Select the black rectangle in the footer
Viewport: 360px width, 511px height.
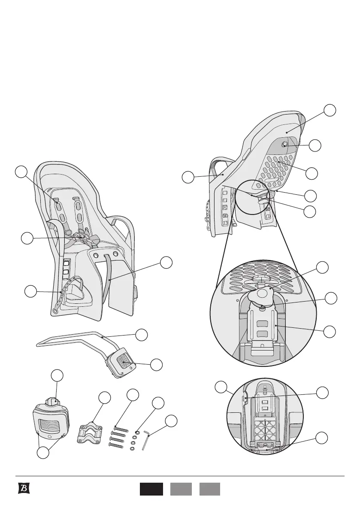[151, 489]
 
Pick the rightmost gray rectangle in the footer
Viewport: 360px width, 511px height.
[210, 489]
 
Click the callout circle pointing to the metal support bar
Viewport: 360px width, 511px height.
[142, 334]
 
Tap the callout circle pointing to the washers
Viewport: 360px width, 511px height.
[158, 403]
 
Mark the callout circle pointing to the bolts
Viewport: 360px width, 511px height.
[133, 395]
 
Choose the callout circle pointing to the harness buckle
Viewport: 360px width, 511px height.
[27, 238]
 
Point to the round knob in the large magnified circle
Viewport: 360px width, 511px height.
[264, 296]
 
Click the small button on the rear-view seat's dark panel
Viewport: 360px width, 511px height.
[284, 145]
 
